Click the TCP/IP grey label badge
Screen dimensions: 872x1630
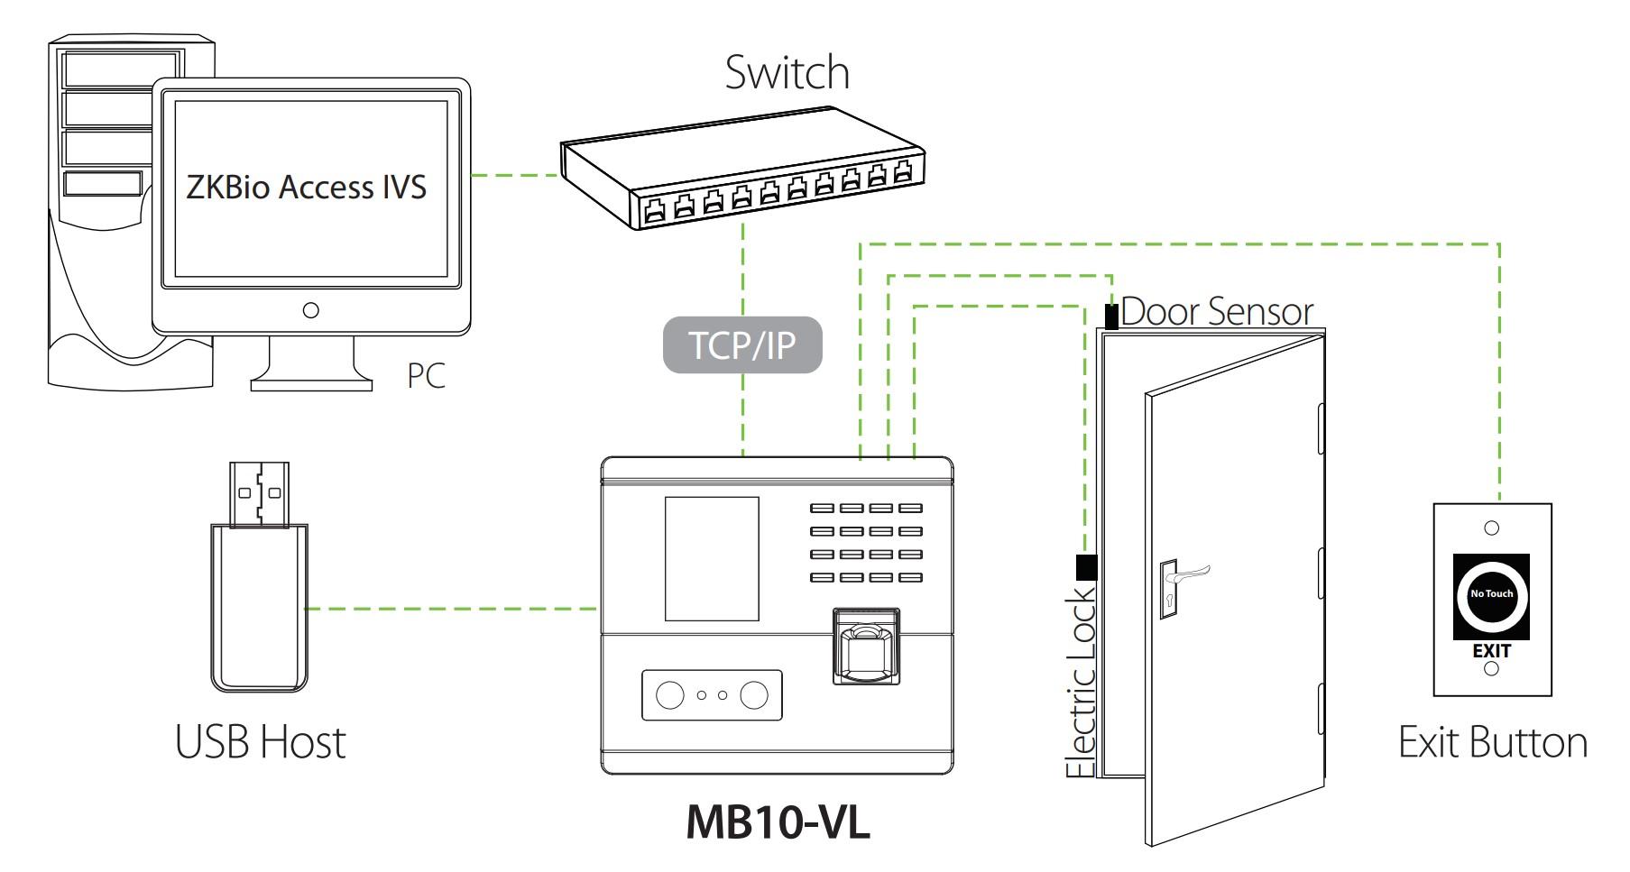pyautogui.click(x=742, y=344)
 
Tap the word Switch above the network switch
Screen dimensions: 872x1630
pyautogui.click(x=787, y=72)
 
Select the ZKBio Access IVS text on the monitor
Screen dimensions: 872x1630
pyautogui.click(x=306, y=187)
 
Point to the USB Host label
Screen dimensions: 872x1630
pyautogui.click(x=260, y=742)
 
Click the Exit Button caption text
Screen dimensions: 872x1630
pyautogui.click(x=1492, y=742)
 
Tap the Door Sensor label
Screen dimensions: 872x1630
pyautogui.click(x=1217, y=312)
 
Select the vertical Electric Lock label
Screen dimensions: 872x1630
pyautogui.click(x=1081, y=683)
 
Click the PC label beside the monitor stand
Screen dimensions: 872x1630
pyautogui.click(x=426, y=375)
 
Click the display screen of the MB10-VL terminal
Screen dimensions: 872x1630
pyautogui.click(x=712, y=558)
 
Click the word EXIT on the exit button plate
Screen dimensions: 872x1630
pyautogui.click(x=1491, y=650)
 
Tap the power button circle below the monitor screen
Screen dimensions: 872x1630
pyautogui.click(x=311, y=310)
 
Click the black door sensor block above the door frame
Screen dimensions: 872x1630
pyautogui.click(x=1112, y=317)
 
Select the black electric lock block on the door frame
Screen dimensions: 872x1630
pyautogui.click(x=1087, y=567)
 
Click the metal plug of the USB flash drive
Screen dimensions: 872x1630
pyautogui.click(x=260, y=493)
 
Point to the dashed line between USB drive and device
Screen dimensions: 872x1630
pyautogui.click(x=451, y=609)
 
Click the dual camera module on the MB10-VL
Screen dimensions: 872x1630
pyautogui.click(x=712, y=694)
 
